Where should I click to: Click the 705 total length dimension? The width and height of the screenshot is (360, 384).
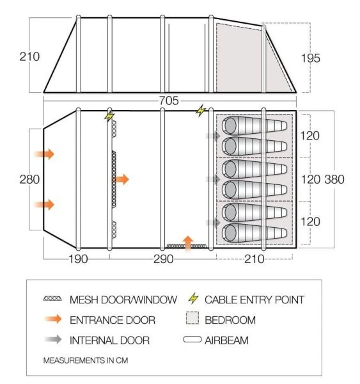(x=169, y=100)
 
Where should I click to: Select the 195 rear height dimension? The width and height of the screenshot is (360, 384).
(x=311, y=58)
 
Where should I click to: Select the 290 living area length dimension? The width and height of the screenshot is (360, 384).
(x=162, y=259)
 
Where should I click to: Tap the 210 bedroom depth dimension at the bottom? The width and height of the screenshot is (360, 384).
(x=254, y=259)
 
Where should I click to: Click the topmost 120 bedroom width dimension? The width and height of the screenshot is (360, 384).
(x=311, y=136)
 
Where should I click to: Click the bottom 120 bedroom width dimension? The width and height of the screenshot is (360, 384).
(x=311, y=221)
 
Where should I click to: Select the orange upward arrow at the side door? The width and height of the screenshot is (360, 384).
(x=188, y=243)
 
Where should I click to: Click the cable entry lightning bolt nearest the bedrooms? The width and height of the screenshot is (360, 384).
(x=202, y=110)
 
